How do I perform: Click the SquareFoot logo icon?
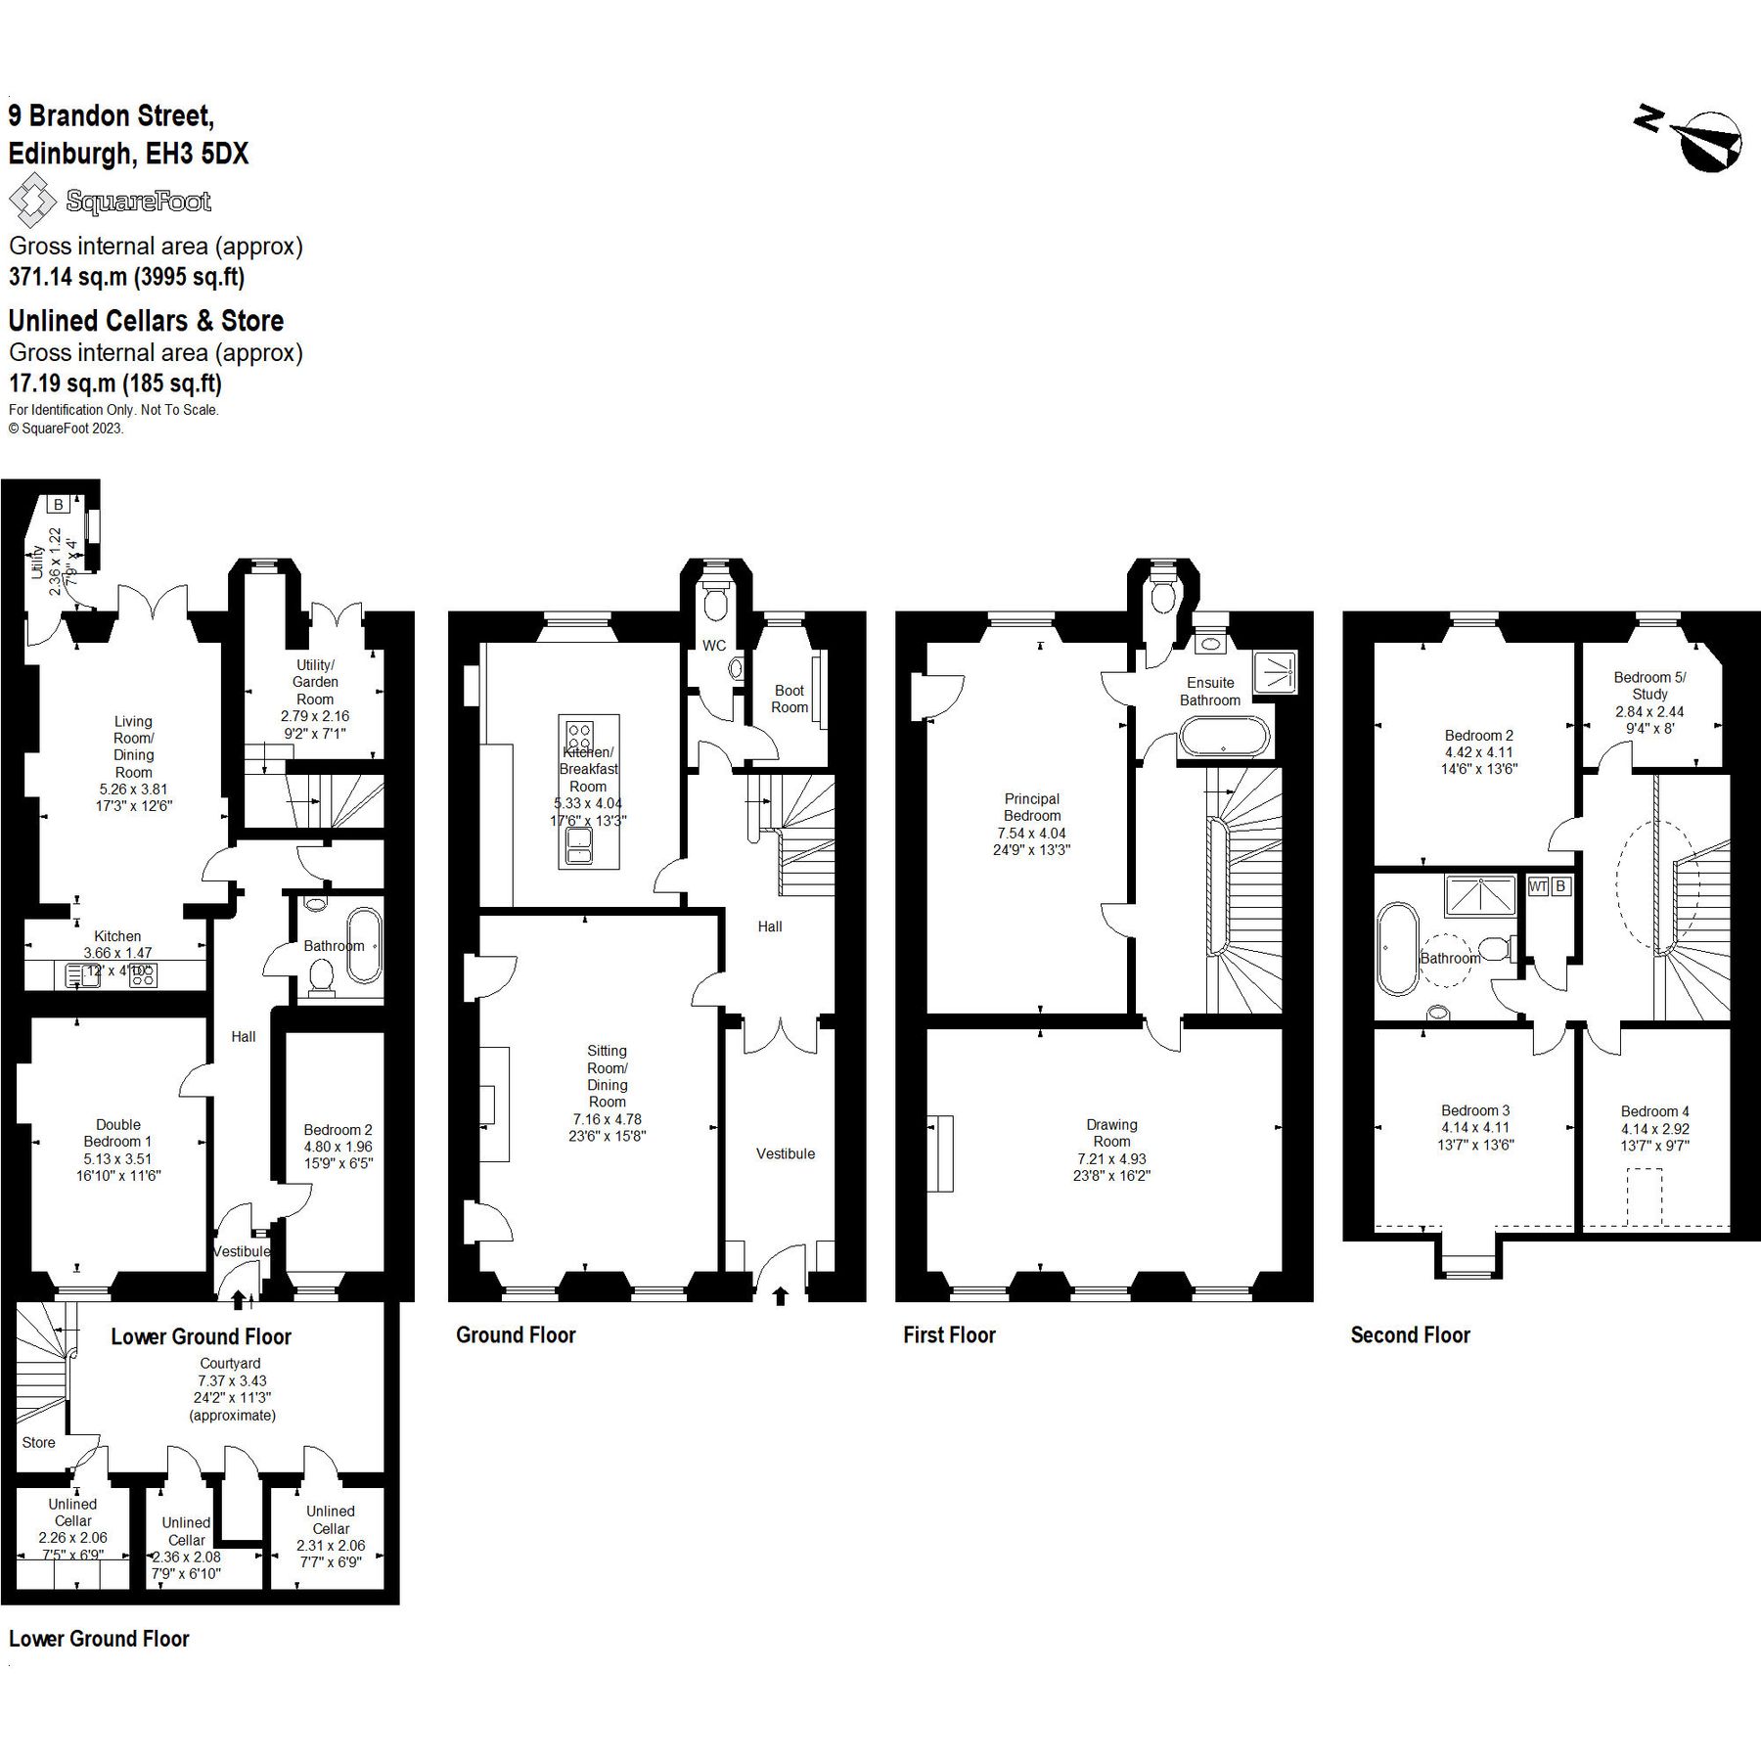click(32, 201)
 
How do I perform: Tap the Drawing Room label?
click(1111, 1133)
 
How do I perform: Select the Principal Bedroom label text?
click(1031, 807)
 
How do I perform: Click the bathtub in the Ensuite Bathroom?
click(1223, 736)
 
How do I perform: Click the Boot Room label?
click(789, 699)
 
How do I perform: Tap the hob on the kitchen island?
click(579, 734)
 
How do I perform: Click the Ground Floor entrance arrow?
click(780, 1296)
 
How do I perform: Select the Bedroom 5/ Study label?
click(1649, 685)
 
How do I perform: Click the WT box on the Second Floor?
click(1537, 886)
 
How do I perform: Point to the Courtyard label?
click(231, 1363)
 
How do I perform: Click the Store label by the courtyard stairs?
click(38, 1442)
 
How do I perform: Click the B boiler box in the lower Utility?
click(59, 505)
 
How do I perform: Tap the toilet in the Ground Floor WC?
click(716, 600)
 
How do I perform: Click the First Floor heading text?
click(949, 1335)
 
